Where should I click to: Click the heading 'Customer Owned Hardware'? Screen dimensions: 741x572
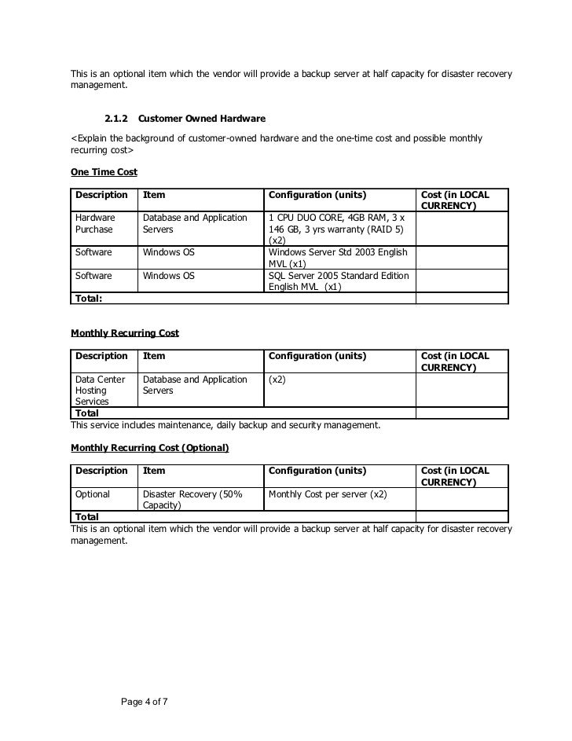pos(201,119)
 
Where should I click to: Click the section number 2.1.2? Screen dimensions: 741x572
pos(116,119)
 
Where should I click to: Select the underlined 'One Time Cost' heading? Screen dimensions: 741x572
pos(104,172)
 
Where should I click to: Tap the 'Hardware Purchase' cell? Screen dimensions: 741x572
pos(95,223)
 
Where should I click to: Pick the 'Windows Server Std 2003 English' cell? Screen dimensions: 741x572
pos(337,258)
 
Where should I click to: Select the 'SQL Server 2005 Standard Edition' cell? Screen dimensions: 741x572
pos(337,281)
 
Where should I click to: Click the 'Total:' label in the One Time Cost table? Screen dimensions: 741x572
pos(89,299)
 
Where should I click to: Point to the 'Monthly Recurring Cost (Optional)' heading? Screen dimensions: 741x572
pos(149,448)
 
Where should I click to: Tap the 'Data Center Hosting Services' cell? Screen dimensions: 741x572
pos(100,390)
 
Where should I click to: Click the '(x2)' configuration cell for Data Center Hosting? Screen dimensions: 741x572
pos(277,380)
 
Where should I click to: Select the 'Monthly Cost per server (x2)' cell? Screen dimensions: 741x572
pos(328,494)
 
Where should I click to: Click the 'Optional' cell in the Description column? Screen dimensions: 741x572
pos(92,494)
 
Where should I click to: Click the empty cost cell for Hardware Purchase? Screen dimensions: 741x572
pos(461,228)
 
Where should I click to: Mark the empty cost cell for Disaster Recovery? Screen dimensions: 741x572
pos(461,500)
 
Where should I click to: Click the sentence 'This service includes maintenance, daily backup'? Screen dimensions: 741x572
pos(225,425)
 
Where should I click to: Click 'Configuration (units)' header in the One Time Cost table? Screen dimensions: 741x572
pos(317,195)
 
